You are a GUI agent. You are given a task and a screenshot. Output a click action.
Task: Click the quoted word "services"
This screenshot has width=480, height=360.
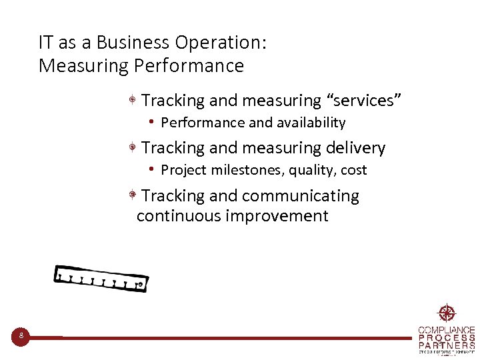pyautogui.click(x=363, y=101)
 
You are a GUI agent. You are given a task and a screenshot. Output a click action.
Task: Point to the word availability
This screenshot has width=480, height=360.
pyautogui.click(x=307, y=123)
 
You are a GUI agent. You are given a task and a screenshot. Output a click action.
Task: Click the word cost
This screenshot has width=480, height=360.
pyautogui.click(x=354, y=170)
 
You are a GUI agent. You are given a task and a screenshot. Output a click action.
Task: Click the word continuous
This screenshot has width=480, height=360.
pyautogui.click(x=179, y=216)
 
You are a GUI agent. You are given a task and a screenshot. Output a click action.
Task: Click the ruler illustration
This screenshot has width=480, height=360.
pyautogui.click(x=101, y=278)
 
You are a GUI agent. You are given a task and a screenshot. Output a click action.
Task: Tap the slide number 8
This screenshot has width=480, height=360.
pyautogui.click(x=21, y=336)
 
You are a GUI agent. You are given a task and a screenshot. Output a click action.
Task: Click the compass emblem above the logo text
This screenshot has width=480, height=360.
pyautogui.click(x=446, y=313)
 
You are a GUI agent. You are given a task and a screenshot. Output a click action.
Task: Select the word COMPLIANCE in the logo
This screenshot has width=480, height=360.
pyautogui.click(x=447, y=330)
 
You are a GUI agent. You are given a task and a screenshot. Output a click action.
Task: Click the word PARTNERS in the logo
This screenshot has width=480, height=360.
pyautogui.click(x=447, y=346)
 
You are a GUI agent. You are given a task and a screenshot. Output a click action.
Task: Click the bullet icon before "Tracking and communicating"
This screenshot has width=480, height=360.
pyautogui.click(x=133, y=195)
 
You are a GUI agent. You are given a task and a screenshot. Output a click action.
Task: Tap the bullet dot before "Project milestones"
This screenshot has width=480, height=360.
pyautogui.click(x=153, y=169)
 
